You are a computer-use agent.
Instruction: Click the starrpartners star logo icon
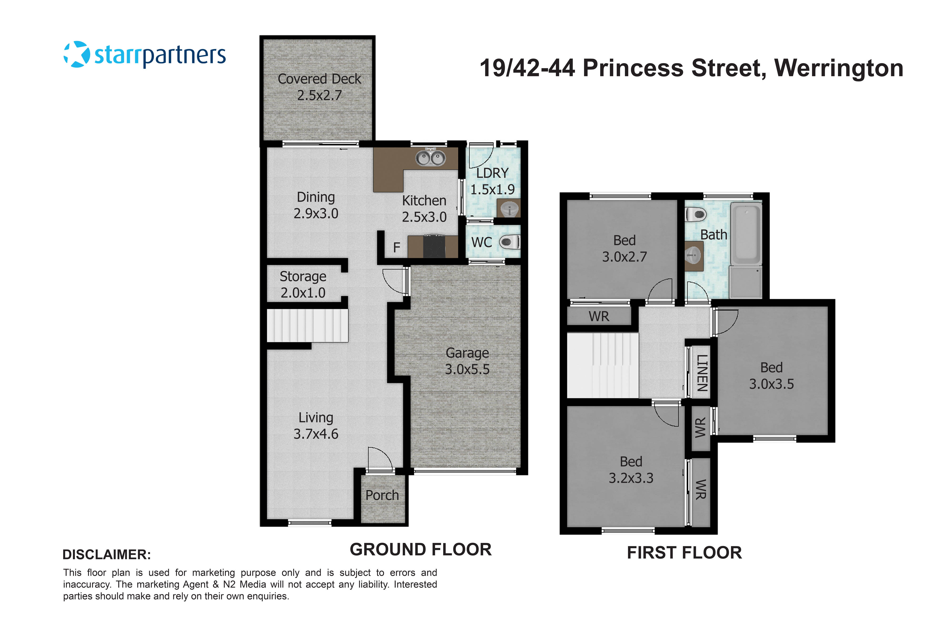click(x=76, y=54)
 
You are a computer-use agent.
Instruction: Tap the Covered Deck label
click(x=319, y=79)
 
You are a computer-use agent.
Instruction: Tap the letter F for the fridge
click(x=397, y=247)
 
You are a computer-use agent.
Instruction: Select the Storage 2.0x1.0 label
click(x=303, y=284)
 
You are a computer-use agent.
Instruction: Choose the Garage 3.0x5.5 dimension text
click(x=467, y=369)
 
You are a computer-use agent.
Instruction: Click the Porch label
click(x=382, y=495)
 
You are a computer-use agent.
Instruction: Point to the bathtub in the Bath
click(x=746, y=235)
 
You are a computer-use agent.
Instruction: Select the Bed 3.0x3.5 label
click(x=771, y=375)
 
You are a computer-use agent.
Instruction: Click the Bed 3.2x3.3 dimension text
click(x=631, y=478)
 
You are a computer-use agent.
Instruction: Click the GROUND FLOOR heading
click(x=421, y=550)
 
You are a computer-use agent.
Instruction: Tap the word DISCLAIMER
click(x=106, y=555)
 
